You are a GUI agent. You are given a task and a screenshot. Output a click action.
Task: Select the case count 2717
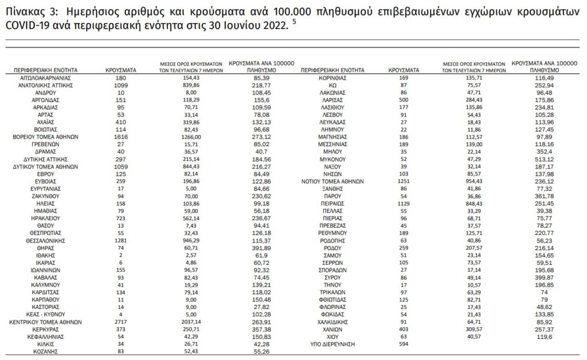(120, 322)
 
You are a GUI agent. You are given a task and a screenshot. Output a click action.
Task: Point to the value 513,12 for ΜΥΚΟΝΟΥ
(535, 159)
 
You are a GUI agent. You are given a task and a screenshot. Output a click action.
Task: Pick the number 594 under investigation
(404, 345)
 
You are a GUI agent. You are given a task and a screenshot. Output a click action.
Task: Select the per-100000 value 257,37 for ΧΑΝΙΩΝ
(535, 330)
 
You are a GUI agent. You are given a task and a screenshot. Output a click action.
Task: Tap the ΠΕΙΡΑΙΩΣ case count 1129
(404, 203)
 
